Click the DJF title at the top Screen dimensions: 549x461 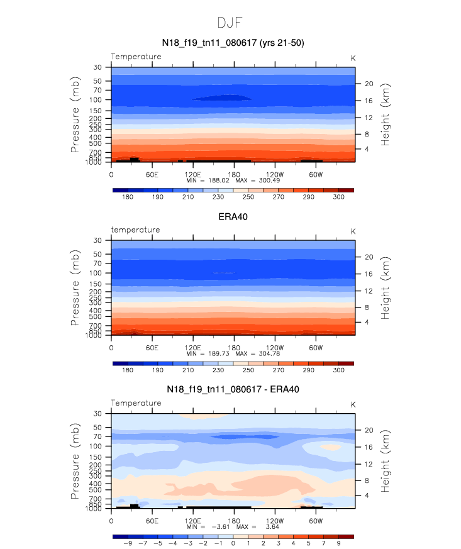coord(230,23)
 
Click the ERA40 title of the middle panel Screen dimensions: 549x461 coord(233,216)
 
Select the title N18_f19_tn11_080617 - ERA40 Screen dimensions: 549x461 coord(233,389)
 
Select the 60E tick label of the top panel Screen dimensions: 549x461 coord(152,174)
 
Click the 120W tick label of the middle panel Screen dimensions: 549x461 coord(275,347)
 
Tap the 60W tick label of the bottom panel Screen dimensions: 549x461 coord(316,521)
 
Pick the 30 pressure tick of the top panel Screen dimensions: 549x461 coord(97,67)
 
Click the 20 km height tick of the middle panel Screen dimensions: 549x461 coord(369,257)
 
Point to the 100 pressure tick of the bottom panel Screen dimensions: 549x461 coord(96,446)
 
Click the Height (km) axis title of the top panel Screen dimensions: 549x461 coord(386,115)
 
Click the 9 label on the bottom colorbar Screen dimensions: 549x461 coord(338,543)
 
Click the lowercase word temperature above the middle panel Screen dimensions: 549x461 coord(136,230)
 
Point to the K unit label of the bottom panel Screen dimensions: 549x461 coord(353,404)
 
